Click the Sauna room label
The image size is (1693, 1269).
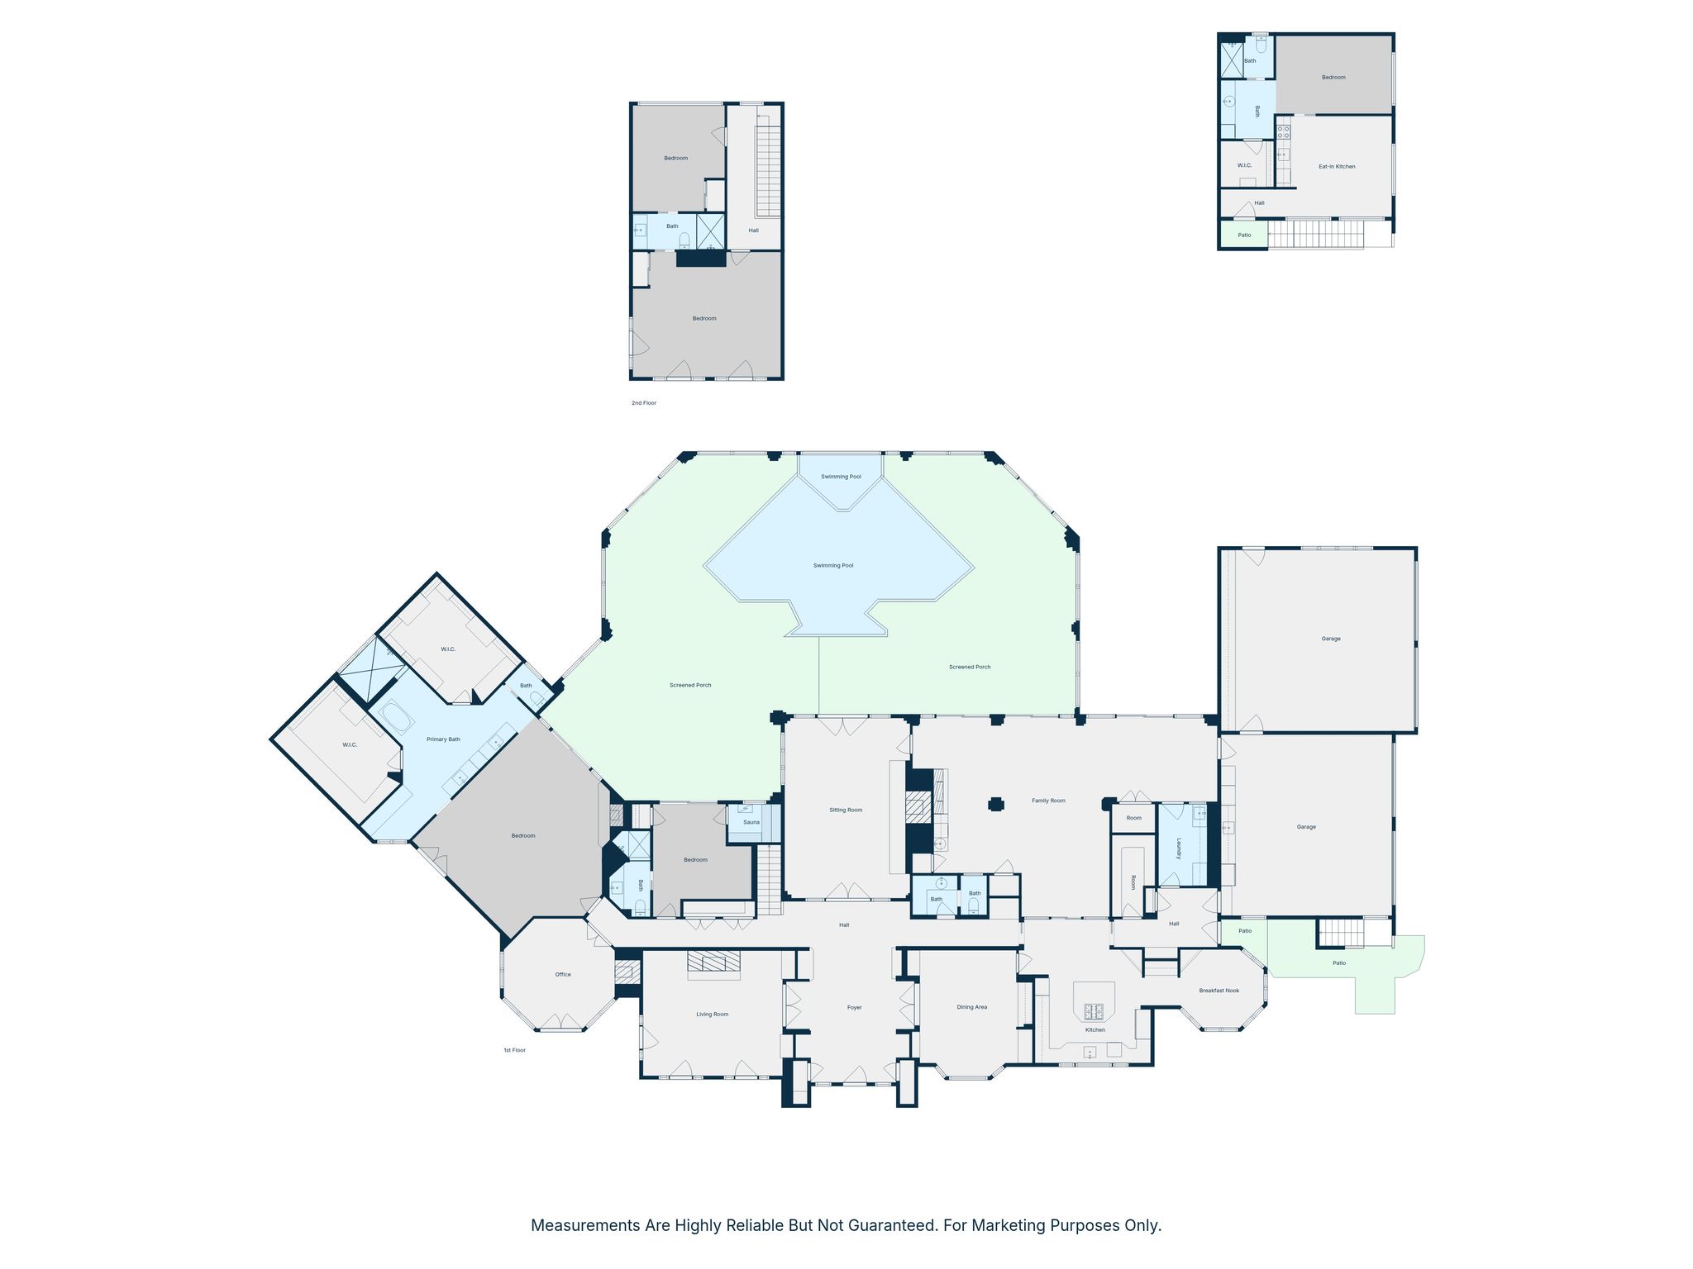(751, 822)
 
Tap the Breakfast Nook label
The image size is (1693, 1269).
(1219, 991)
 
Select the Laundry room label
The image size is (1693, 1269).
(1179, 848)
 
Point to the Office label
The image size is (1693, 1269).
(563, 974)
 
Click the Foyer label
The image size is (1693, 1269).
(855, 1007)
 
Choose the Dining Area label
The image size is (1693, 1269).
(972, 1007)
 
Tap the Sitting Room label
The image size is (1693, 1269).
(846, 810)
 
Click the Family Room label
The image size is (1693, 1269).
(1048, 801)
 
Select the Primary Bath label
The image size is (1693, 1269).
(443, 739)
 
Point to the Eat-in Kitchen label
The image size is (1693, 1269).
(1337, 167)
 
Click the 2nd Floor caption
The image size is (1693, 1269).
(644, 403)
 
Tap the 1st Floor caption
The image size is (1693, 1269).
(514, 1050)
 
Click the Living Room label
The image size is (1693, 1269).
(712, 1014)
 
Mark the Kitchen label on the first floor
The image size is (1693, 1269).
(1095, 1029)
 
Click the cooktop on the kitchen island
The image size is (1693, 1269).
(1094, 1010)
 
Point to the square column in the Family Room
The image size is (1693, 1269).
(996, 804)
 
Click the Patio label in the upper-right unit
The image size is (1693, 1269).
(1244, 235)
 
